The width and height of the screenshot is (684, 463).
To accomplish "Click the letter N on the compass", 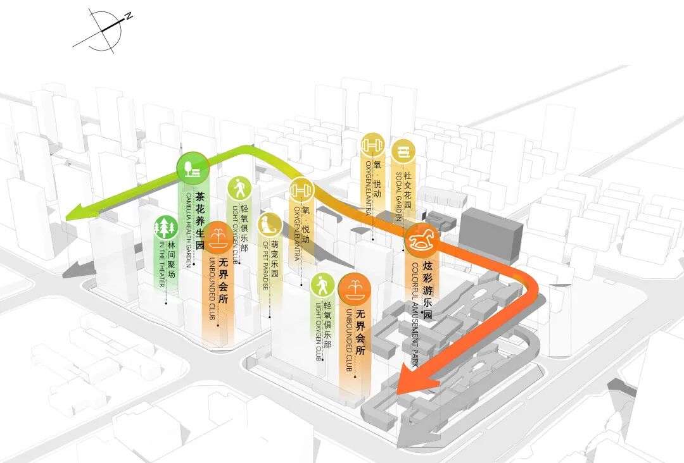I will click(x=129, y=17).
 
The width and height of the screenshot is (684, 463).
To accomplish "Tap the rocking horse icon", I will click(x=422, y=239).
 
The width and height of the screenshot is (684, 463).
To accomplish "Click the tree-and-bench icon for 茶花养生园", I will click(x=193, y=168).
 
